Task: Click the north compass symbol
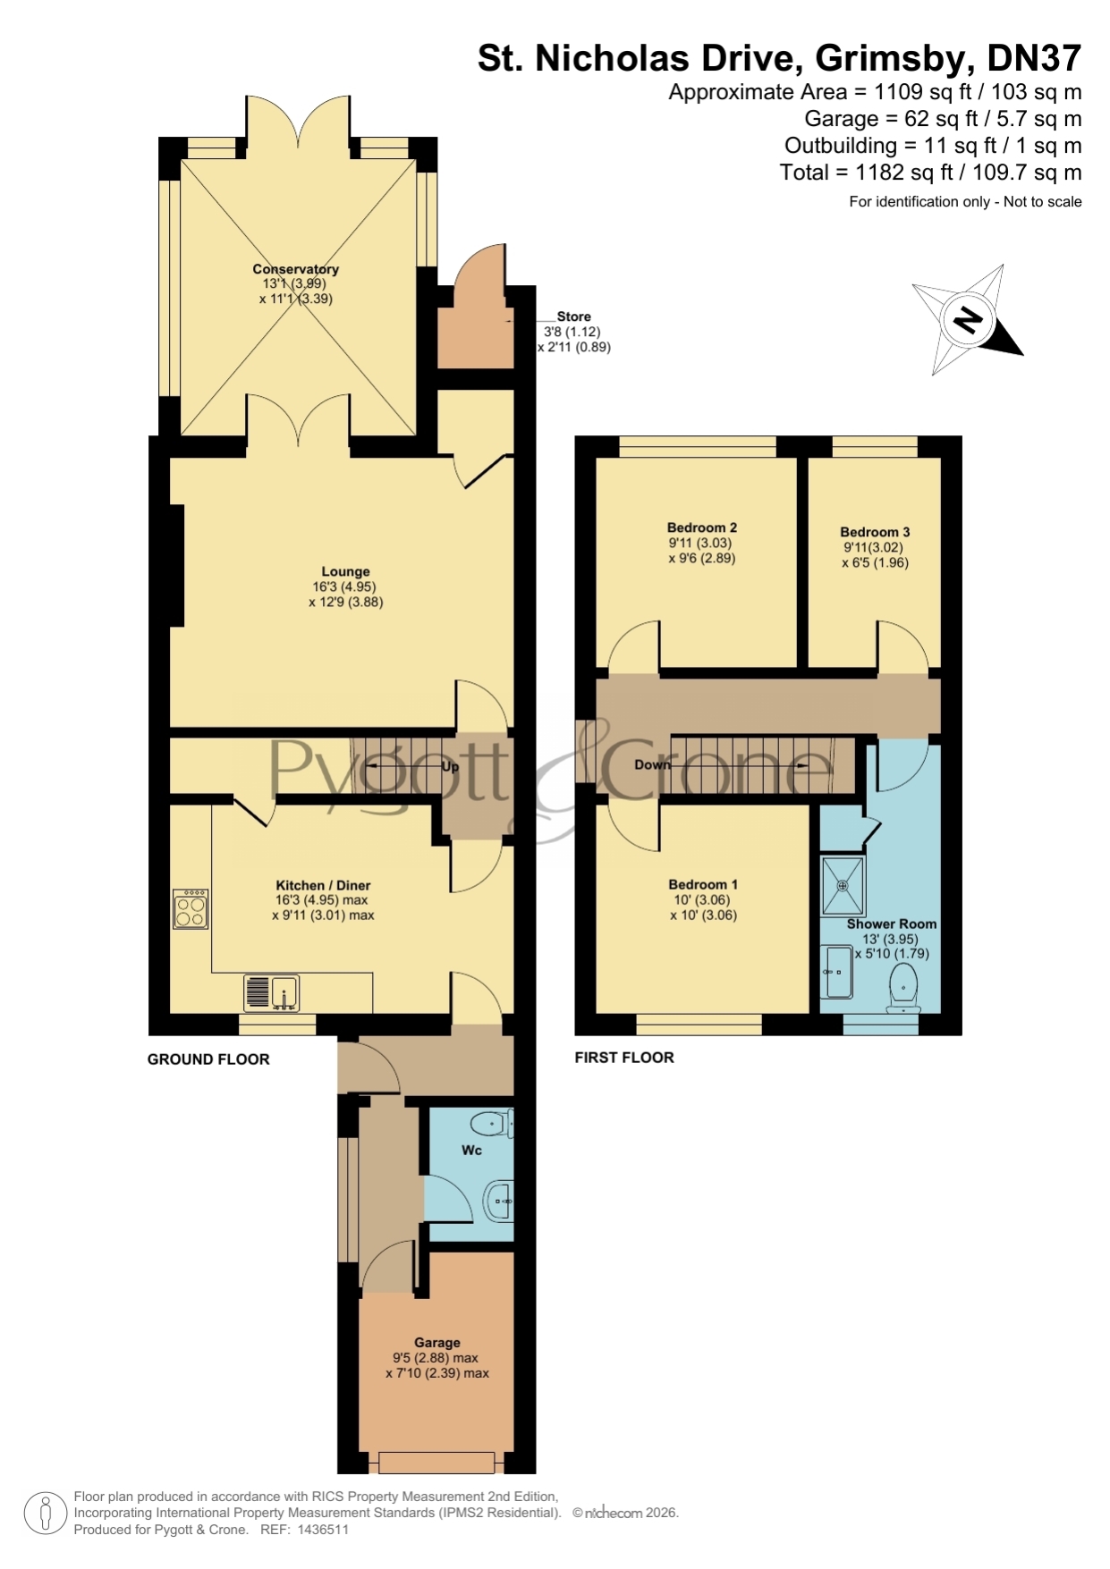coord(968,320)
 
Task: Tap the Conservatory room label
coord(295,269)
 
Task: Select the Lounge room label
coord(345,571)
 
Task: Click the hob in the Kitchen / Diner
coord(191,908)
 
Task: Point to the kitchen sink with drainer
coord(271,992)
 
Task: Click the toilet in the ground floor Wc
coord(493,1123)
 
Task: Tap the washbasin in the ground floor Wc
coord(499,1202)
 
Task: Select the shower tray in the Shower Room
coord(843,885)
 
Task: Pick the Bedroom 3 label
coord(875,532)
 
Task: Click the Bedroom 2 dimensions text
coord(702,551)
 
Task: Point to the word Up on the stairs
coord(450,767)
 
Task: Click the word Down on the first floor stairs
coord(652,764)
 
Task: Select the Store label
coord(573,316)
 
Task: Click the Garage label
coord(437,1342)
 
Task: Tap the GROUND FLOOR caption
coord(208,1059)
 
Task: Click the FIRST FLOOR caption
coord(624,1058)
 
